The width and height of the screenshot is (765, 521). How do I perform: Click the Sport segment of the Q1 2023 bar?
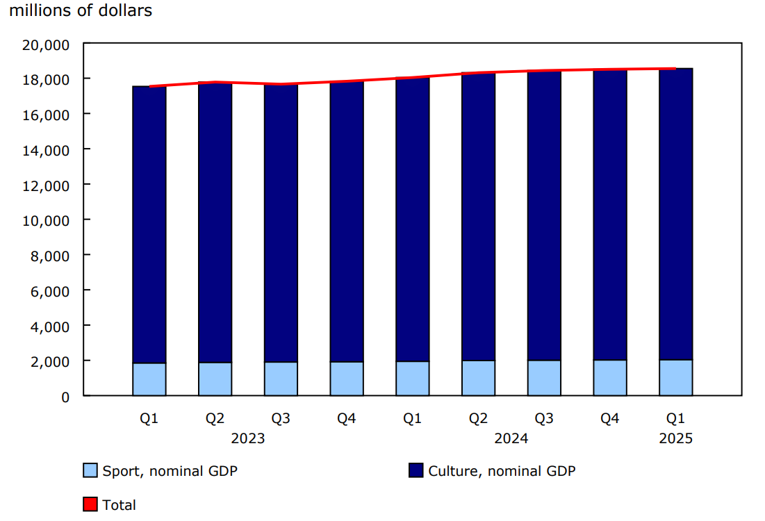click(149, 379)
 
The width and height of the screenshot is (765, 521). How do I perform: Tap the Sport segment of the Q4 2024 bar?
click(610, 378)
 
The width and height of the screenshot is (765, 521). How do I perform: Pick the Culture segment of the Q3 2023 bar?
click(281, 223)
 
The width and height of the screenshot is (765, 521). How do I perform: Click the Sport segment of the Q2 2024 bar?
click(478, 378)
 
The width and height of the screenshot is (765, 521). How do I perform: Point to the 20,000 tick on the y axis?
click(45, 44)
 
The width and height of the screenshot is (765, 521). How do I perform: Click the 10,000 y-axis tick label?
click(45, 220)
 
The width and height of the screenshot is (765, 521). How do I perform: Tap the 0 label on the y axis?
click(65, 397)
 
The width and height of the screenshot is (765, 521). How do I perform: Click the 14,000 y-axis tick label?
click(45, 149)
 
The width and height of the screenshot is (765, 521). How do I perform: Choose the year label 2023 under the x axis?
click(248, 439)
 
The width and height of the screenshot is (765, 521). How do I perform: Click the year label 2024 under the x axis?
click(511, 439)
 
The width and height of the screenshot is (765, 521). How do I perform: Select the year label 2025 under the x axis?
click(675, 439)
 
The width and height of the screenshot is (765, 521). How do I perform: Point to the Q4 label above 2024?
click(609, 418)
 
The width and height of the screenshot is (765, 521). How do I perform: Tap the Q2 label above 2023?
click(215, 418)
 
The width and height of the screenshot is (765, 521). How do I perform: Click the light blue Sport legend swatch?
click(90, 470)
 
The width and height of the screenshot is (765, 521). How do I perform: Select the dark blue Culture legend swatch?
click(416, 470)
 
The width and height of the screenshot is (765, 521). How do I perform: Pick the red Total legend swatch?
click(90, 504)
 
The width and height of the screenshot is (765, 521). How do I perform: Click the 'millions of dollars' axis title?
click(81, 11)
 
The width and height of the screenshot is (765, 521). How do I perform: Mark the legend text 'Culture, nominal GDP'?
click(502, 471)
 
